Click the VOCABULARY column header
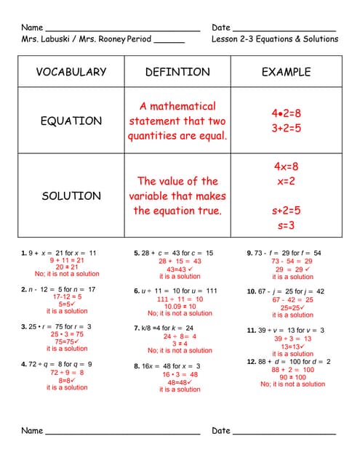tap(71, 72)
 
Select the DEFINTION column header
tap(177, 72)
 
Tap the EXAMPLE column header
tap(287, 72)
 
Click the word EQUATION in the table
tap(71, 121)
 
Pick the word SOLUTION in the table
tap(71, 195)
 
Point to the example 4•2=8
tap(286, 113)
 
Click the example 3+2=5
tap(286, 129)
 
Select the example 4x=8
tap(286, 166)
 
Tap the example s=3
tap(286, 226)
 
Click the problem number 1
tap(24, 253)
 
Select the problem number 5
tap(137, 253)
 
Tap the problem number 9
tap(250, 253)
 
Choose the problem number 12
tap(252, 361)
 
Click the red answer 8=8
tap(66, 380)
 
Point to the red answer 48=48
tap(180, 382)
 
